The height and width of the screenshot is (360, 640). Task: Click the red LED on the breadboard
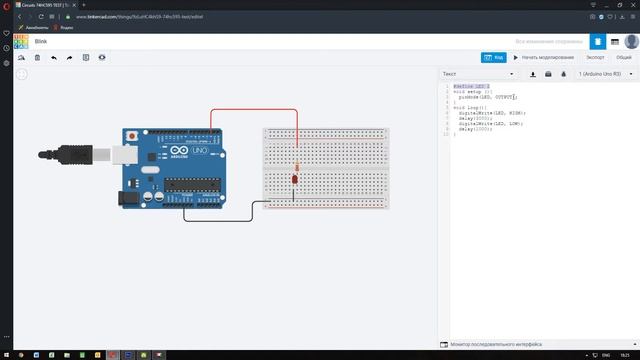[294, 178]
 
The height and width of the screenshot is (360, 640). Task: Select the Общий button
[623, 57]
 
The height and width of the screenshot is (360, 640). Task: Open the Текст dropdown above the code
[479, 74]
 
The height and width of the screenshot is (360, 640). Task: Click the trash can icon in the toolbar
[37, 58]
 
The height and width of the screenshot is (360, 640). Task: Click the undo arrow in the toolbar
[54, 58]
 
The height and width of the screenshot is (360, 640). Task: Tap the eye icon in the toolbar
[102, 58]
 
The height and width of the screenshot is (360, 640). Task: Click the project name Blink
[42, 42]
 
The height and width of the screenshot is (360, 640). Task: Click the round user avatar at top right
[631, 42]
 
